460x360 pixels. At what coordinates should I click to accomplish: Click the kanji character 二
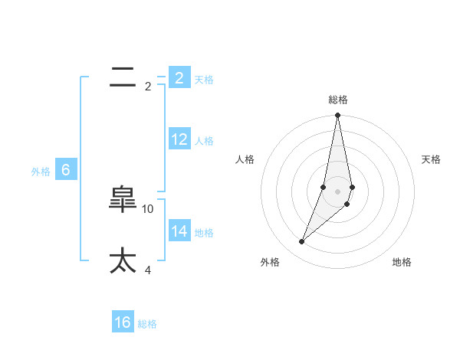click(x=123, y=77)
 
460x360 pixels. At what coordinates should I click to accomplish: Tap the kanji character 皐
click(x=123, y=200)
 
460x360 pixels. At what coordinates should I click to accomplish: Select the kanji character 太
click(x=123, y=260)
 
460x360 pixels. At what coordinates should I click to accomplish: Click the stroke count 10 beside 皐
click(x=148, y=208)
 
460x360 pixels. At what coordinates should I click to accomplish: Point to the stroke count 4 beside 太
click(x=148, y=270)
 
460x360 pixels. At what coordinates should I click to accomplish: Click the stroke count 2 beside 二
click(x=148, y=87)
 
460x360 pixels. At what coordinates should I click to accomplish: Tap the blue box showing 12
click(x=179, y=139)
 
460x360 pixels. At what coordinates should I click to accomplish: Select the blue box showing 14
click(x=179, y=231)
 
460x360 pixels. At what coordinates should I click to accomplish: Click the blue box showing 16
click(x=123, y=322)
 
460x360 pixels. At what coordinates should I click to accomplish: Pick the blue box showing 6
click(x=66, y=170)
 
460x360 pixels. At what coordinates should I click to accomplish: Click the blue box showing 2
click(x=179, y=78)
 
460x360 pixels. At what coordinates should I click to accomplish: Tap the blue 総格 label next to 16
click(x=147, y=324)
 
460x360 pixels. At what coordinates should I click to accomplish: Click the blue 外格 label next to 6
click(x=41, y=172)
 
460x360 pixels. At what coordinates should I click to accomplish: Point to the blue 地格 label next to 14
click(x=204, y=233)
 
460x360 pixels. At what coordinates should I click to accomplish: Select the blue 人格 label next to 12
click(x=204, y=141)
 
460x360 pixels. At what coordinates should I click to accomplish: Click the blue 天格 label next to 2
click(x=204, y=80)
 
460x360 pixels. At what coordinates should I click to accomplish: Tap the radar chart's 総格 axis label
click(x=338, y=100)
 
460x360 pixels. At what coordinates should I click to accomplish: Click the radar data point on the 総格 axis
click(x=337, y=116)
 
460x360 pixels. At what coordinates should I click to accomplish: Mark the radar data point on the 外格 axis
click(x=302, y=242)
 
